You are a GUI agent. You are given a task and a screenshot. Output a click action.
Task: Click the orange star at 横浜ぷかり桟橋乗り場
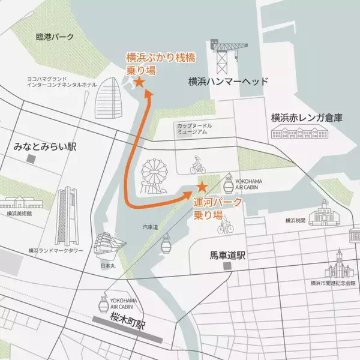point(139,82)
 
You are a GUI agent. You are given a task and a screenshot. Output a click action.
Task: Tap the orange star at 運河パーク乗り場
point(202,187)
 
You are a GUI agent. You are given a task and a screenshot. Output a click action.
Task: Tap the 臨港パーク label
point(55,37)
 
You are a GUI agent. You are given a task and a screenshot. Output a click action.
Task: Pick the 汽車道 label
point(151,227)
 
